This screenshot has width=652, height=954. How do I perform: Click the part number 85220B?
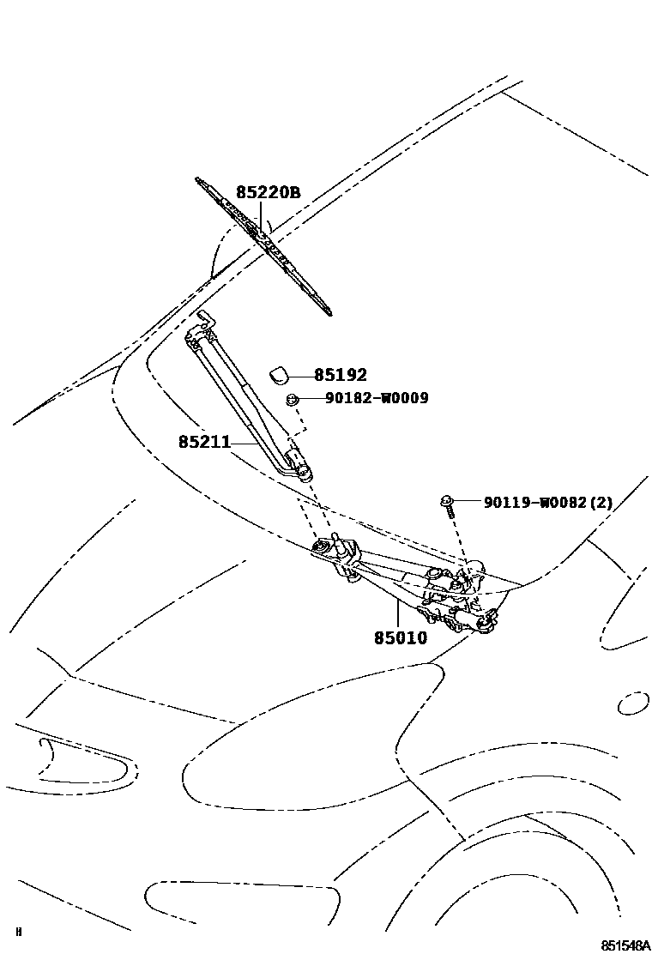pyautogui.click(x=268, y=193)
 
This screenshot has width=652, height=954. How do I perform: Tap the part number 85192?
pyautogui.click(x=340, y=375)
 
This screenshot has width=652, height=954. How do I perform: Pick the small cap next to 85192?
pyautogui.click(x=280, y=373)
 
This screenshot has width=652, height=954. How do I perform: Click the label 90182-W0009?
pyautogui.click(x=376, y=398)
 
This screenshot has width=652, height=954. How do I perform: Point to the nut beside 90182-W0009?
pyautogui.click(x=292, y=399)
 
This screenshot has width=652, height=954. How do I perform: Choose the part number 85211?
pyautogui.click(x=204, y=442)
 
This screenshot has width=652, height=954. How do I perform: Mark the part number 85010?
pyautogui.click(x=400, y=638)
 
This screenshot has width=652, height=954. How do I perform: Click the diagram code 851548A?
pyautogui.click(x=624, y=945)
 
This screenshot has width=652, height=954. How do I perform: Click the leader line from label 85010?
pyautogui.click(x=396, y=614)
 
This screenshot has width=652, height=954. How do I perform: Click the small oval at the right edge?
pyautogui.click(x=633, y=703)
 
